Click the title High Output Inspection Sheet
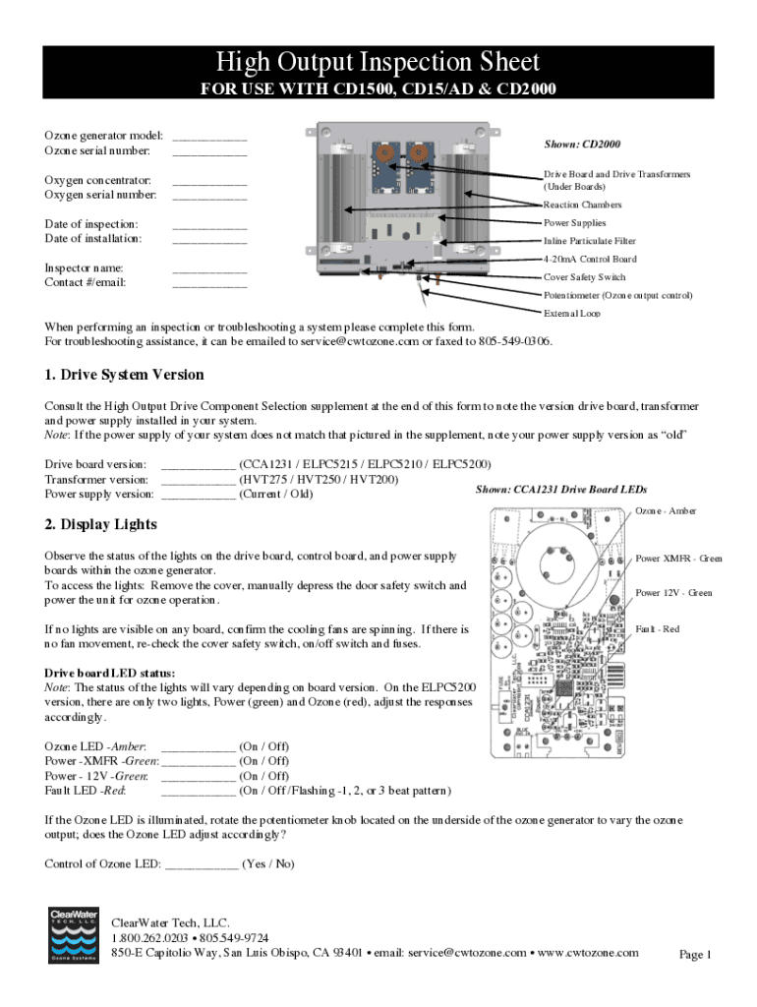378,63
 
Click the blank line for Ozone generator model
209,138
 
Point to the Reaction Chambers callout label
582,205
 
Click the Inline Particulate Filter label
589,241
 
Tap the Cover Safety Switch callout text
584,277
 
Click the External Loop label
571,313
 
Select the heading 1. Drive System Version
125,375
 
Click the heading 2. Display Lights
100,524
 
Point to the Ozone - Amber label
666,510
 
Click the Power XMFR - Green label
678,559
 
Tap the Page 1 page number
695,955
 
